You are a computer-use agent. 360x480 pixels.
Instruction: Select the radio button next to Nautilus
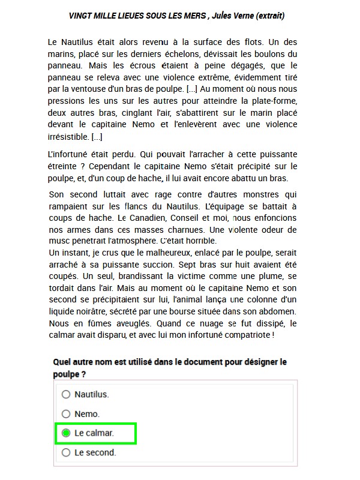coord(66,394)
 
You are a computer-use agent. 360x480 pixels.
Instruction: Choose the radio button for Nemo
coord(66,413)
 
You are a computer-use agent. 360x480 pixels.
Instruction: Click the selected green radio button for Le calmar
coord(66,433)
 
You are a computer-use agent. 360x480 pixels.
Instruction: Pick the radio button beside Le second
coord(66,452)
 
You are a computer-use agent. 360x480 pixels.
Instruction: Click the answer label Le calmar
coord(94,433)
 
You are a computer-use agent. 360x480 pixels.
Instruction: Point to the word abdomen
coord(277,311)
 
